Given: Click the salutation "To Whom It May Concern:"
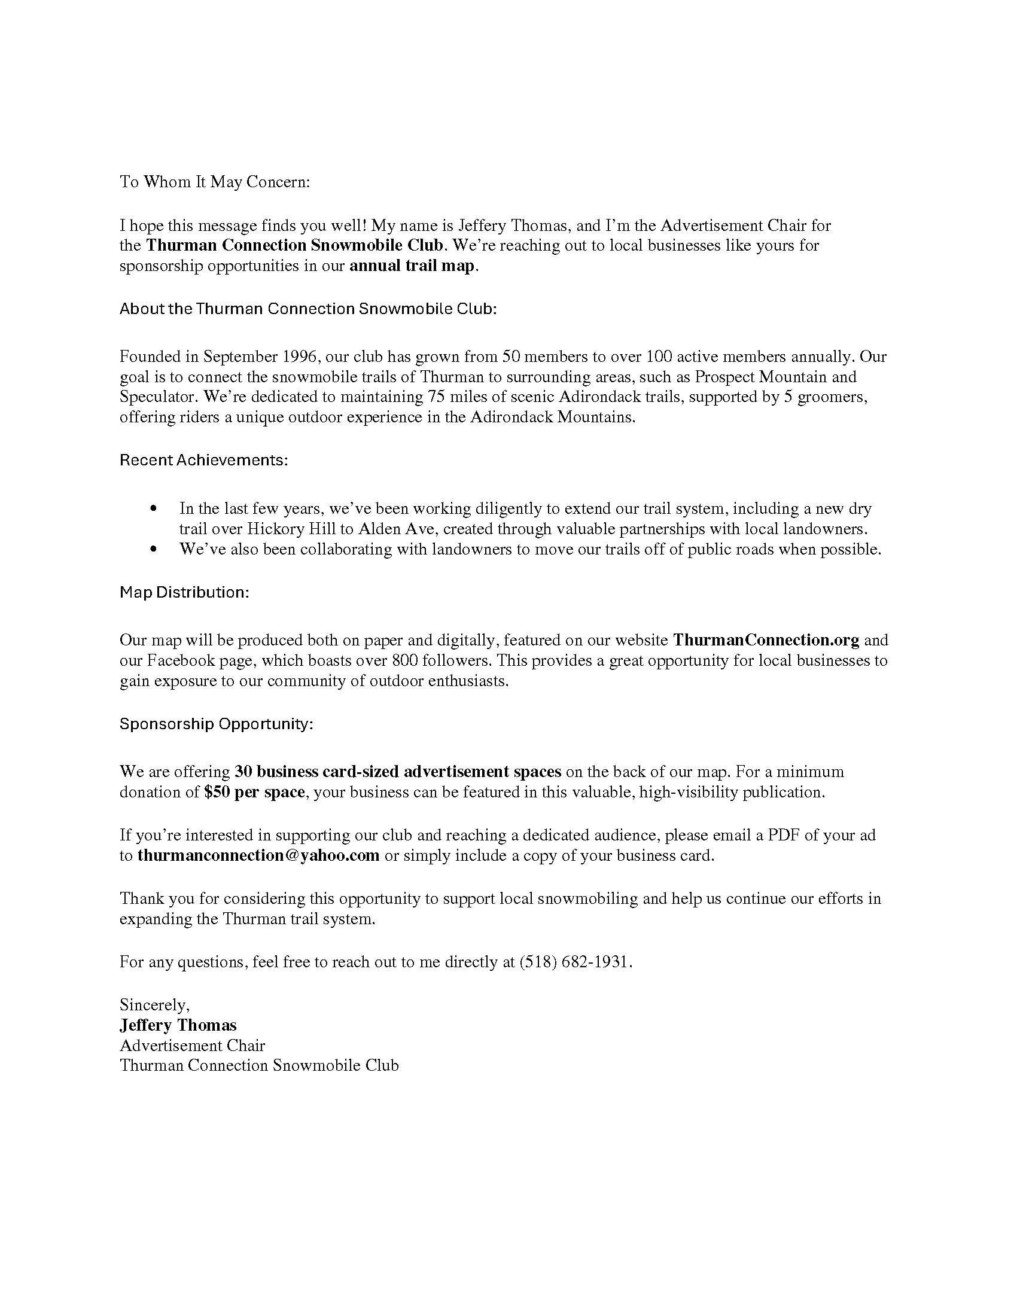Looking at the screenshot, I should [215, 182].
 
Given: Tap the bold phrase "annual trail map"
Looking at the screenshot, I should [412, 266].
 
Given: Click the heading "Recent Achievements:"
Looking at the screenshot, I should [203, 460].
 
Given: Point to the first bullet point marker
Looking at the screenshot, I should [155, 509].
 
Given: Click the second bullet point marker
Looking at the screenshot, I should [155, 550].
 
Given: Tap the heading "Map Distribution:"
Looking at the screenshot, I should [184, 592].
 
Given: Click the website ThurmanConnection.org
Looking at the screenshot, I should [766, 640].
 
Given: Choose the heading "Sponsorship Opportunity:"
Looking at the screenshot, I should [217, 724].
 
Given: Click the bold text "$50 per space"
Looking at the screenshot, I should [254, 792].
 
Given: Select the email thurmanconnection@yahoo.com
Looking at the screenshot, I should [258, 855].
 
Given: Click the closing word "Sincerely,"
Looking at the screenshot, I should [155, 1004].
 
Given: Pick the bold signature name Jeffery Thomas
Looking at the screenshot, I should [178, 1025].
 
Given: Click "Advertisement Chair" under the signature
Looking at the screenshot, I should [192, 1045].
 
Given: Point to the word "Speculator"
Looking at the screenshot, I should [157, 397].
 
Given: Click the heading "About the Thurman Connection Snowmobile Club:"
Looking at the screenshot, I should [308, 309].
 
